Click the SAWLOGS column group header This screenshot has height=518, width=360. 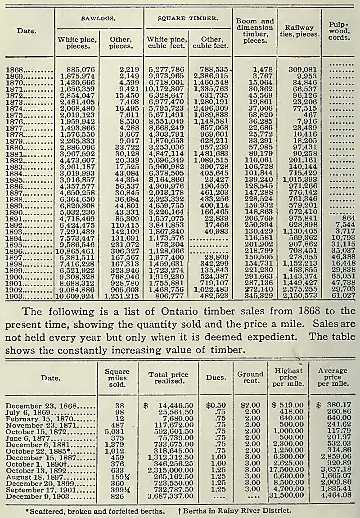(99, 19)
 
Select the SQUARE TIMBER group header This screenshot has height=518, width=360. (188, 19)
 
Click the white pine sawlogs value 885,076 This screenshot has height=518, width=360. (79, 70)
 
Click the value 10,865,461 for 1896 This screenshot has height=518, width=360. (76, 252)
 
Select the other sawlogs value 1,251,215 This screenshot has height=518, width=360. (120, 297)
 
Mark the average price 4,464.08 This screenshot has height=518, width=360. (333, 495)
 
